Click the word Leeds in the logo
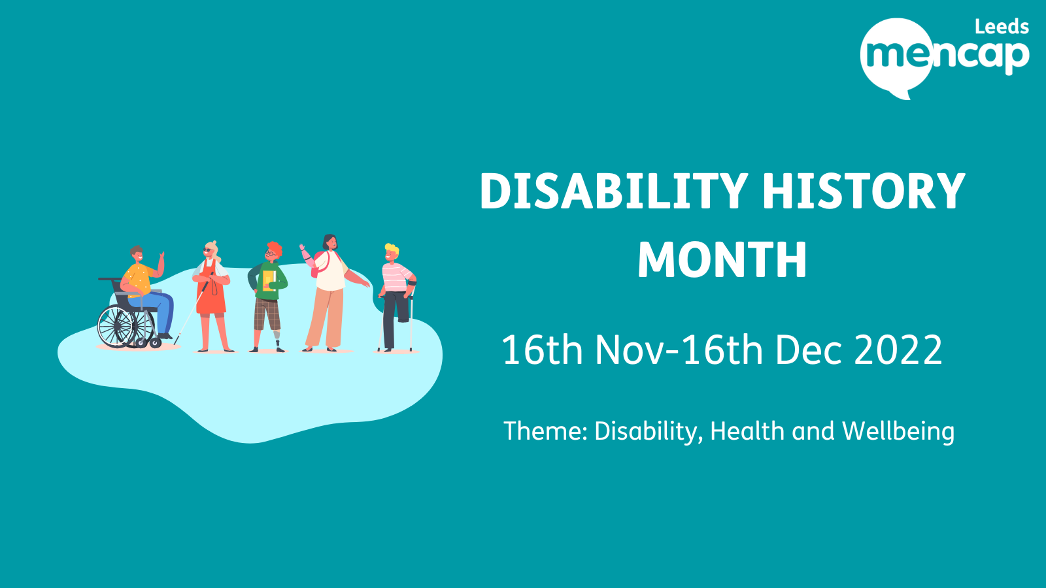click(1002, 27)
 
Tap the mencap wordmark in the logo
click(945, 55)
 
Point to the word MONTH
click(722, 260)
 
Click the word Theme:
click(545, 432)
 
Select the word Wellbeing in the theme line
click(898, 432)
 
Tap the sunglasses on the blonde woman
click(208, 250)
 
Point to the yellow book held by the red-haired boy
click(268, 280)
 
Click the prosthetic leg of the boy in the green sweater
click(278, 339)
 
